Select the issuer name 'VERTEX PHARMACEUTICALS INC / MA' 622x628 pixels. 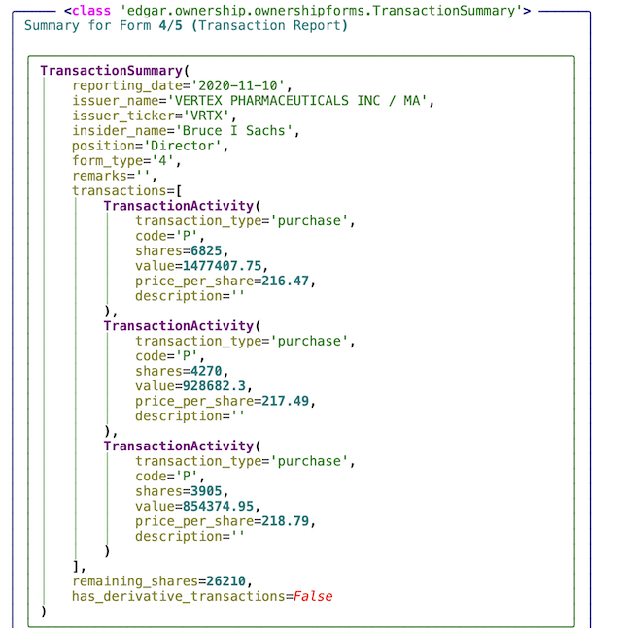click(299, 101)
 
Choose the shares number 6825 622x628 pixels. click(206, 250)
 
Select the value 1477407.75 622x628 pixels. click(225, 266)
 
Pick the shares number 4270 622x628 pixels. click(206, 371)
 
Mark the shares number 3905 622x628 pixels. click(206, 491)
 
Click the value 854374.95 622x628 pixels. click(225, 507)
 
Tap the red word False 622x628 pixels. click(312, 596)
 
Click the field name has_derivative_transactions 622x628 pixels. click(179, 596)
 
